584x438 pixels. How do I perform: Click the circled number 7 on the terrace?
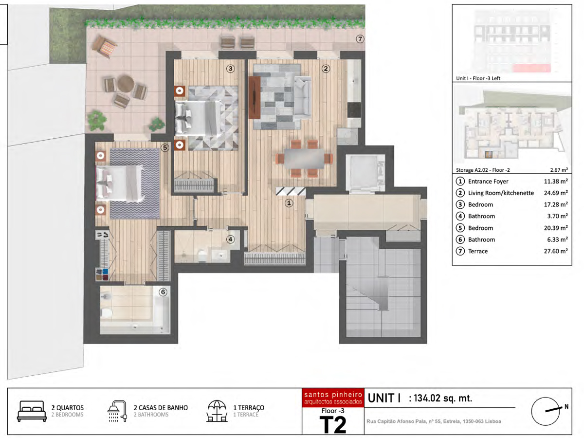360,39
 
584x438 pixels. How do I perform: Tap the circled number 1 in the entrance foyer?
289,203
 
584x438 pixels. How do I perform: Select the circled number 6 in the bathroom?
163,292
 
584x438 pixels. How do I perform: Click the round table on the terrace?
126,84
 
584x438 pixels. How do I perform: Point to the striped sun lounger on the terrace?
105,47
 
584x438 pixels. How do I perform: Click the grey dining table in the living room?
304,158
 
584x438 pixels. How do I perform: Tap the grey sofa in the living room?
303,97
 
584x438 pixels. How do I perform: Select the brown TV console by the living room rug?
255,97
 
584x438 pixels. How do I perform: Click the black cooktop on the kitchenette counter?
354,110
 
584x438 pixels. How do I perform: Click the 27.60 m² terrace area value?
556,251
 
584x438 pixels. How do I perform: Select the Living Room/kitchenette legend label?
501,193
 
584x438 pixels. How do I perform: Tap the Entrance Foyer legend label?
488,182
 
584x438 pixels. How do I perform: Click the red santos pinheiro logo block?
333,397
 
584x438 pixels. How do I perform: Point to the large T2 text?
333,425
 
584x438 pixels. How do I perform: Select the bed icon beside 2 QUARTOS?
32,411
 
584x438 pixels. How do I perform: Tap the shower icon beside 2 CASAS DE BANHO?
117,411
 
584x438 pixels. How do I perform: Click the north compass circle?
546,411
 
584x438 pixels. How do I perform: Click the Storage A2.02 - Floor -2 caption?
483,170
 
